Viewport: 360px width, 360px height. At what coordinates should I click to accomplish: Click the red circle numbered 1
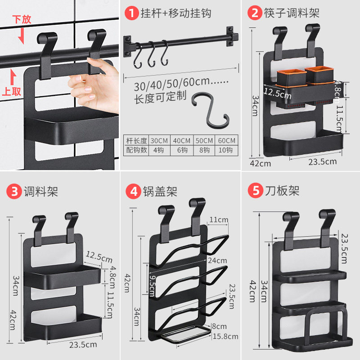131,13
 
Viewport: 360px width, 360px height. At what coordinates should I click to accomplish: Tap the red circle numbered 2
255,13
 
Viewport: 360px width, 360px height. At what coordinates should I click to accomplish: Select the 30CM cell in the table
159,140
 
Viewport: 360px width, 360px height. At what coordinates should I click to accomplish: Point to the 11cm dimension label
218,220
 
